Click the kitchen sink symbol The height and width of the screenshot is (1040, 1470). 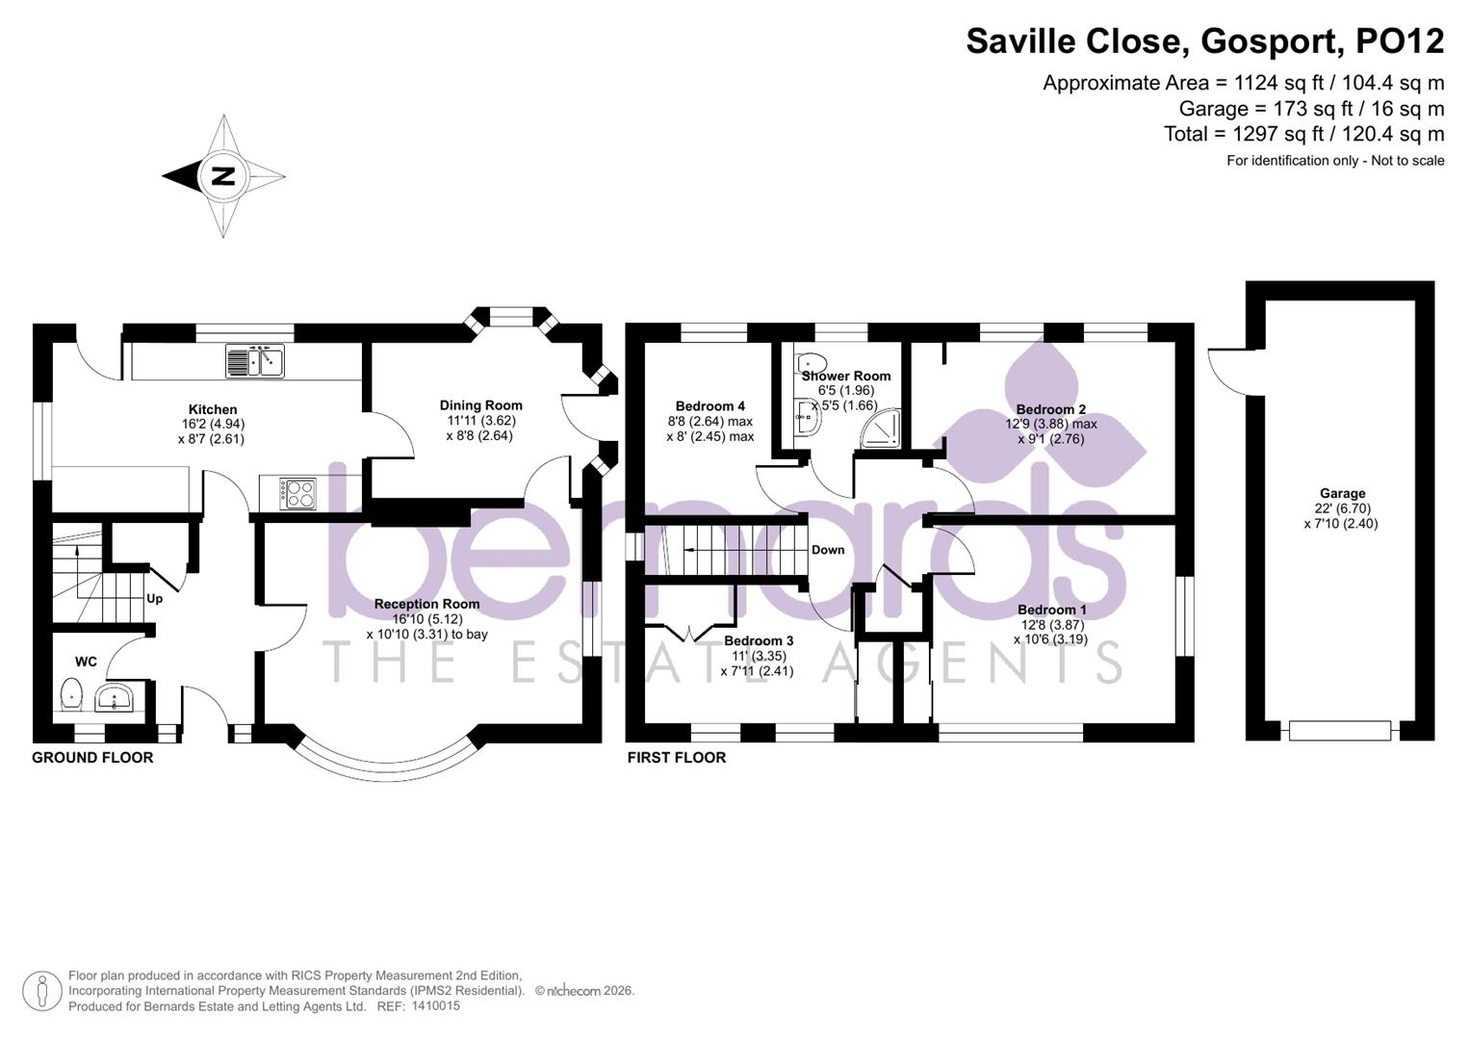255,361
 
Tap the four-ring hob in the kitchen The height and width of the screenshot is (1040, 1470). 298,494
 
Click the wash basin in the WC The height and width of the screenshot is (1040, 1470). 115,697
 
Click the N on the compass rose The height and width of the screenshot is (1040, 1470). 223,176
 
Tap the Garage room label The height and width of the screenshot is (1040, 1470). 1342,493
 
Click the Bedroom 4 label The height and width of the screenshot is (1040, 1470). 709,406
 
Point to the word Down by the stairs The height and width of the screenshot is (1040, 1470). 828,550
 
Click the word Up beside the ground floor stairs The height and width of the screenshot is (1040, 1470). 154,598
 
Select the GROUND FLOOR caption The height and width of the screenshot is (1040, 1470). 92,758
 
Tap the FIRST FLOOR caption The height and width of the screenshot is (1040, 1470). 677,758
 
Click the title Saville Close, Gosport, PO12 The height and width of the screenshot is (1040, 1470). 1204,41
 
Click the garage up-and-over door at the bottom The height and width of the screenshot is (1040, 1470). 1339,731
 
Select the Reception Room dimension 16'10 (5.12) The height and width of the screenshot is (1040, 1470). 426,619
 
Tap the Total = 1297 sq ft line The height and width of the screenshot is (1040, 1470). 1303,134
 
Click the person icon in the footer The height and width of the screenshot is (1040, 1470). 42,991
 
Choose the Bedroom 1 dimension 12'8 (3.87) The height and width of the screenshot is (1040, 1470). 1052,624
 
